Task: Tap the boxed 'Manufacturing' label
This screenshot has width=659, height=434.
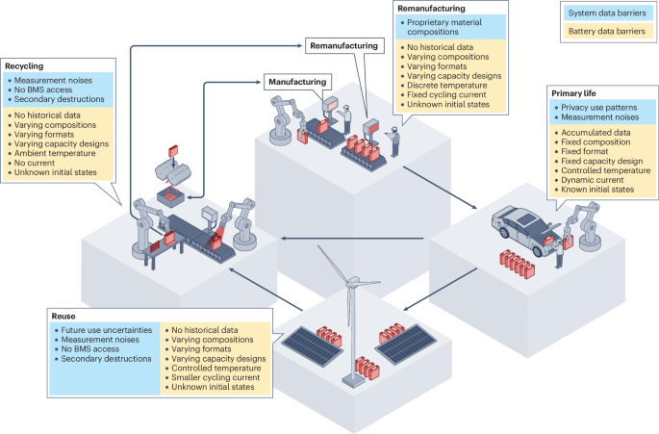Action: pyautogui.click(x=297, y=83)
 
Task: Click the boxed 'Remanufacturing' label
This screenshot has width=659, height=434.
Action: pyautogui.click(x=343, y=45)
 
